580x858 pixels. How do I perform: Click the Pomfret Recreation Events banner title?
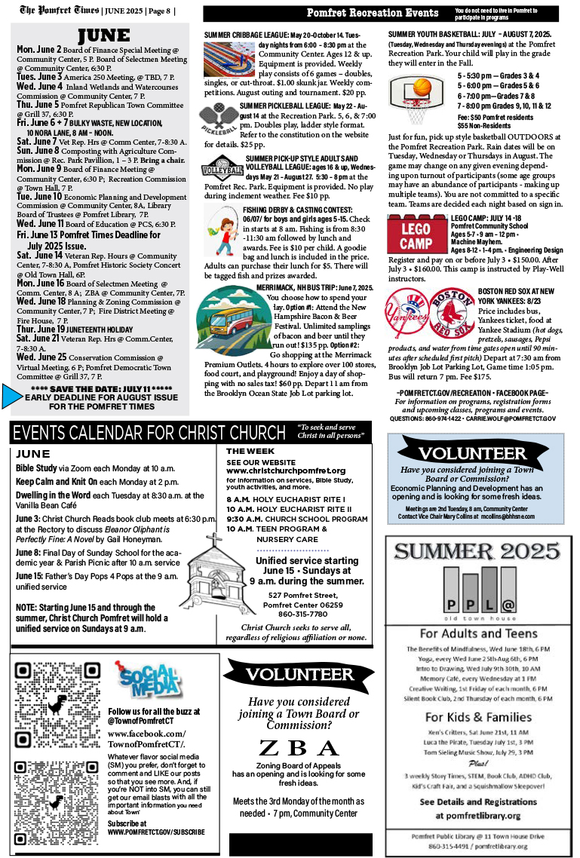point(373,13)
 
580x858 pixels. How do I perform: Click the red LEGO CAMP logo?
point(416,234)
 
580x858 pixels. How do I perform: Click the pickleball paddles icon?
point(218,119)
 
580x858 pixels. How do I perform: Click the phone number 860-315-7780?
point(305,614)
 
